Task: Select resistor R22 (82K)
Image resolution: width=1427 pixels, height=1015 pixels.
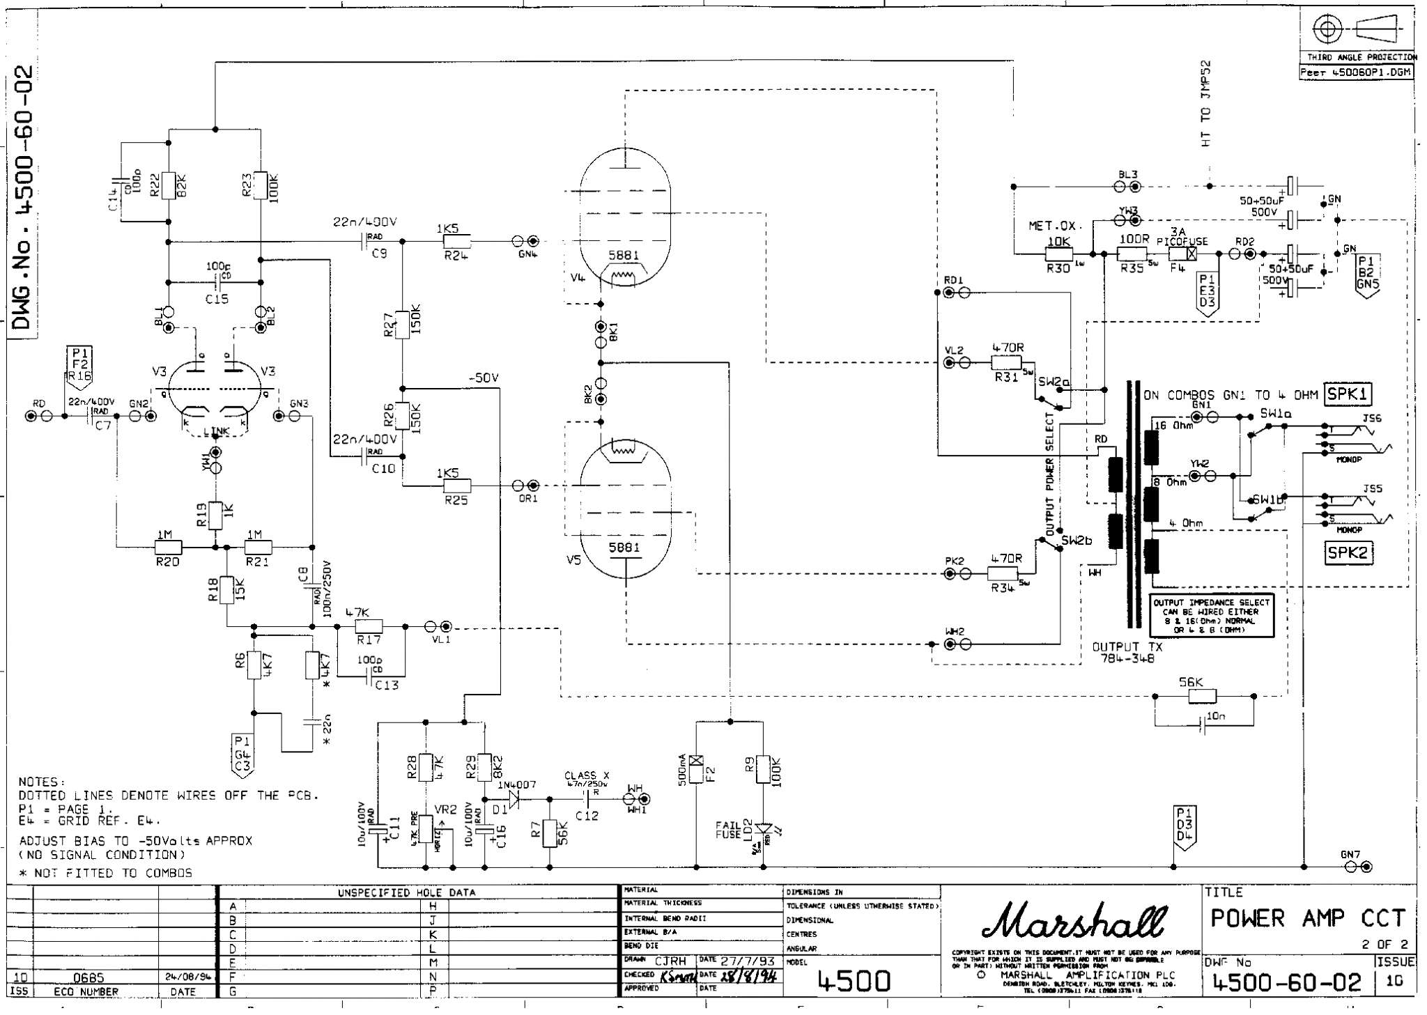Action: tap(168, 185)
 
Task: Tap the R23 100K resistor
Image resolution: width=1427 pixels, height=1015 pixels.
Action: tap(260, 185)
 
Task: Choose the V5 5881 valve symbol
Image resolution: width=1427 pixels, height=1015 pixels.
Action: tap(625, 509)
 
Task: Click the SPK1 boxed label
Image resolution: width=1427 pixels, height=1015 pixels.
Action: tap(1348, 394)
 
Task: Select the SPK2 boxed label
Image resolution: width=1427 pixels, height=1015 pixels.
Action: tap(1348, 553)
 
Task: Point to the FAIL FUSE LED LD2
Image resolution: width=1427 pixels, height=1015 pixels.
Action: tap(765, 828)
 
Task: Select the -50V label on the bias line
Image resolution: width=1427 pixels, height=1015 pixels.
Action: tap(484, 378)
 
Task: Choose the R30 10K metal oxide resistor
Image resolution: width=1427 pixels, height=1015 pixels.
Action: tap(1059, 254)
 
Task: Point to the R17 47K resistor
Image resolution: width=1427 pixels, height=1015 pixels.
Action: tap(369, 626)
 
